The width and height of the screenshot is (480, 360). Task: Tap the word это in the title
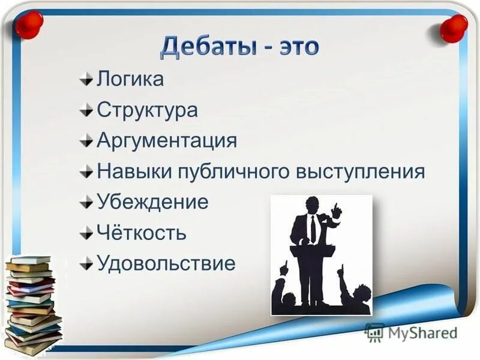293,47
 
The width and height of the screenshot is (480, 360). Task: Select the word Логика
130,79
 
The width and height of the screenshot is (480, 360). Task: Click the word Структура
147,110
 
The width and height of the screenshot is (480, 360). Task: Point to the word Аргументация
167,142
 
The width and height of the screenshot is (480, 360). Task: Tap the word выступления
361,173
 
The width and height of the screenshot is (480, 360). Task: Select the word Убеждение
152,203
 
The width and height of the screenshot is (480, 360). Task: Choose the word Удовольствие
166,264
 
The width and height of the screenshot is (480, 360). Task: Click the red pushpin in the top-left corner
29,25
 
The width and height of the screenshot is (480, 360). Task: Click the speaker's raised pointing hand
337,211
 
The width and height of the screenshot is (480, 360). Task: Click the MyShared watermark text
420,332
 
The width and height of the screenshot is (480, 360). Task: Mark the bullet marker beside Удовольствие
88,263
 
